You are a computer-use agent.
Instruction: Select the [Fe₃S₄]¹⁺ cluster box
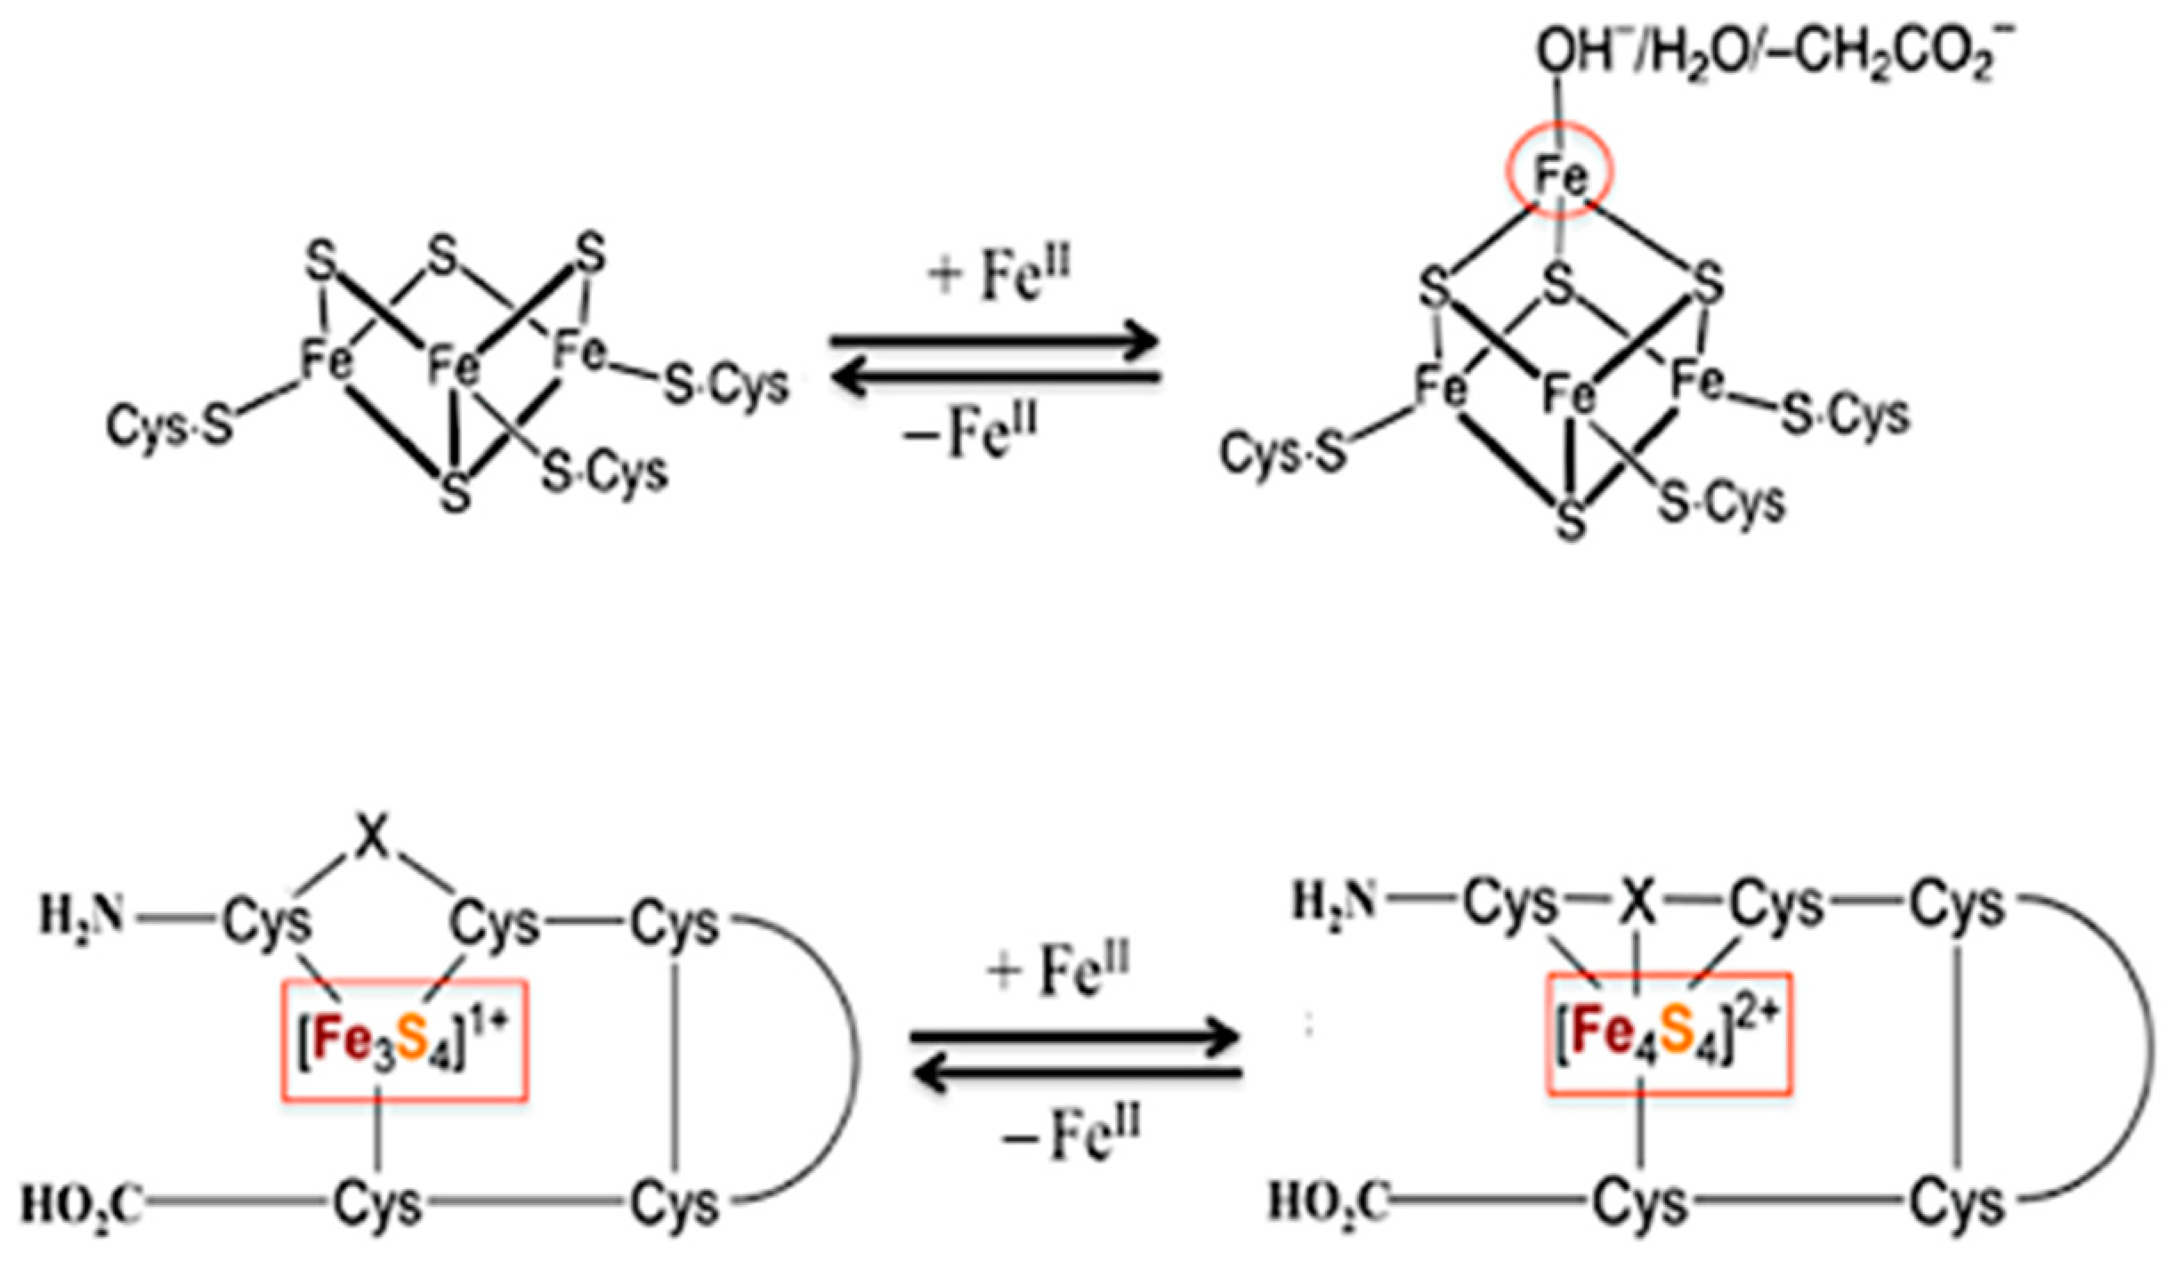(x=405, y=1040)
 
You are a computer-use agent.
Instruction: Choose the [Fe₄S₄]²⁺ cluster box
(x=1669, y=1033)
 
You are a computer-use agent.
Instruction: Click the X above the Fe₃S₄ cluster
(x=373, y=842)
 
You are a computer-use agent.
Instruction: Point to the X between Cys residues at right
(x=1636, y=904)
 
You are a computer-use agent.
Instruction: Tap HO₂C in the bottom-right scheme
(x=1328, y=1201)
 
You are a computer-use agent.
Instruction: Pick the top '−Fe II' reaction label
(x=970, y=435)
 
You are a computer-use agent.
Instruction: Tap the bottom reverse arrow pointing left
(x=1077, y=1074)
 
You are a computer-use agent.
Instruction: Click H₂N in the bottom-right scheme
(x=1335, y=902)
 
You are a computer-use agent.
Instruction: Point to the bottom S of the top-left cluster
(x=456, y=491)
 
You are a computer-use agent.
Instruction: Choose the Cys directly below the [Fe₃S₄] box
(x=378, y=1203)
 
